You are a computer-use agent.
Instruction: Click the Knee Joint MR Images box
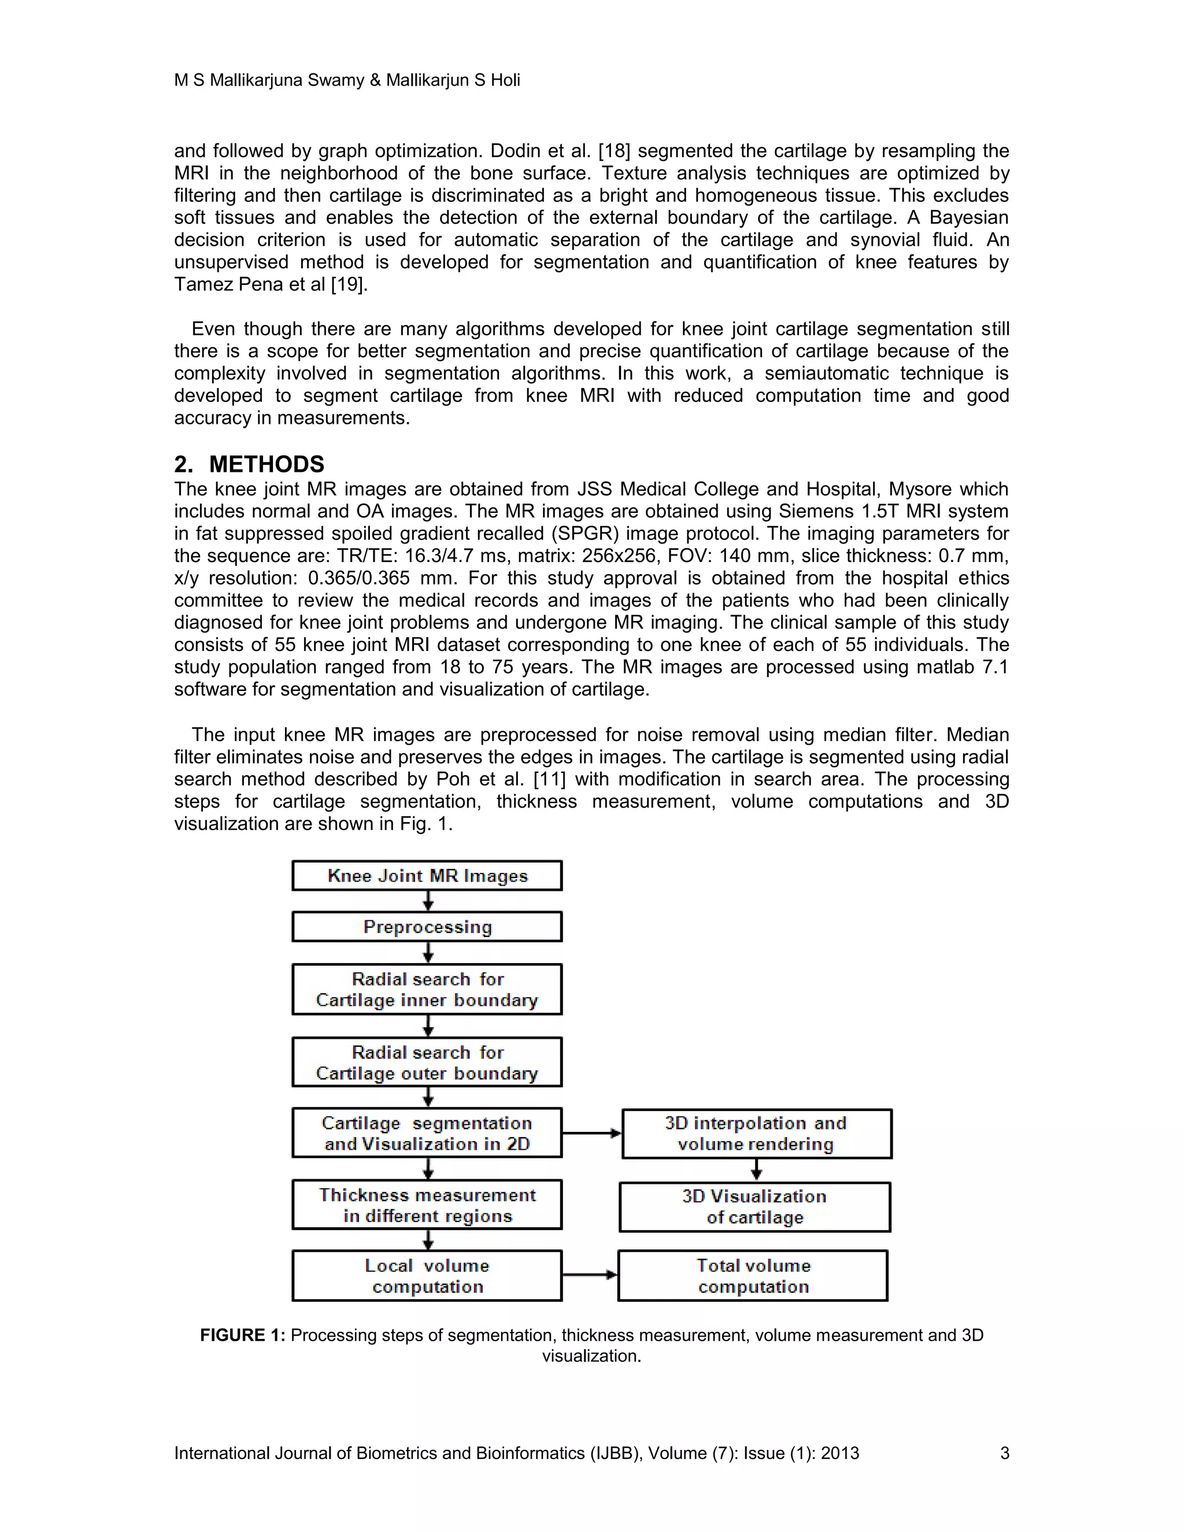(427, 875)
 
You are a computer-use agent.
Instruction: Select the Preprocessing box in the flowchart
(427, 927)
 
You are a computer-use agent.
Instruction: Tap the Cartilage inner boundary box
(427, 989)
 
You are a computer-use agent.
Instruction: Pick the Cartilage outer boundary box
(427, 1062)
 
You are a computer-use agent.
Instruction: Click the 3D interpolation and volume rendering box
(756, 1134)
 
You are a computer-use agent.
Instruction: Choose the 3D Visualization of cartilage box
(754, 1207)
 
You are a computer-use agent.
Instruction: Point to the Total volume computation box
(753, 1275)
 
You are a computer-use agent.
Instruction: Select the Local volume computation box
(427, 1275)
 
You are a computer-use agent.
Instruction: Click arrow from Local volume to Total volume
(590, 1275)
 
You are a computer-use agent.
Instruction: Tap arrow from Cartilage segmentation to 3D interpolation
(592, 1133)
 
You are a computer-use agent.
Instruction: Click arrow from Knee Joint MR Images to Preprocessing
(428, 901)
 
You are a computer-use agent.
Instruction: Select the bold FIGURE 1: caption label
(242, 1335)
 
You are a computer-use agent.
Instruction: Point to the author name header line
(346, 80)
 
